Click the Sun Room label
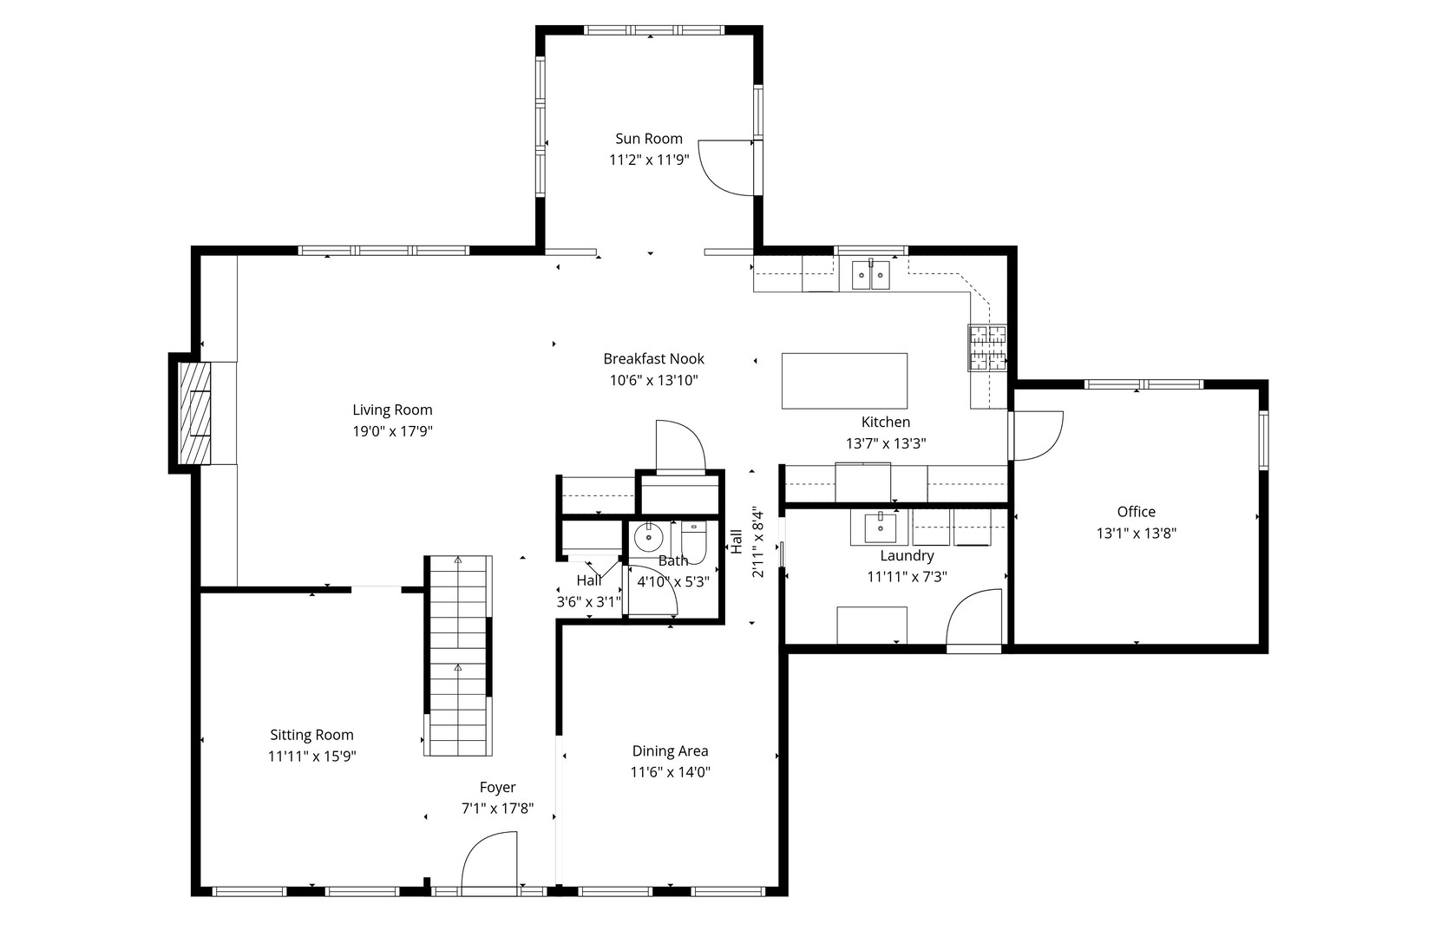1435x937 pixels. click(x=648, y=139)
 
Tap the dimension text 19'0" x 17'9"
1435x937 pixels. click(x=392, y=431)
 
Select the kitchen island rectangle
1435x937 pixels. click(x=844, y=380)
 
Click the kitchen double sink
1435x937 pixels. click(x=870, y=275)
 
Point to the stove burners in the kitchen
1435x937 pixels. click(x=987, y=347)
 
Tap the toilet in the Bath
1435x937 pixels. click(x=694, y=538)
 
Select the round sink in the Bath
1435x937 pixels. click(x=647, y=539)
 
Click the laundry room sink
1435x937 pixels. click(x=880, y=526)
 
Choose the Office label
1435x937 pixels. click(x=1136, y=512)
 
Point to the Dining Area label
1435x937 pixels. click(x=670, y=751)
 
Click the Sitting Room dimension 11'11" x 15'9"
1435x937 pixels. click(x=311, y=757)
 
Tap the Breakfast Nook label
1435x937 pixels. click(x=653, y=359)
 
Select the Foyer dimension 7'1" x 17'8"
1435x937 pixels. click(x=497, y=809)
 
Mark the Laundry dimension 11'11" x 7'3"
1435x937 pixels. click(x=907, y=576)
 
